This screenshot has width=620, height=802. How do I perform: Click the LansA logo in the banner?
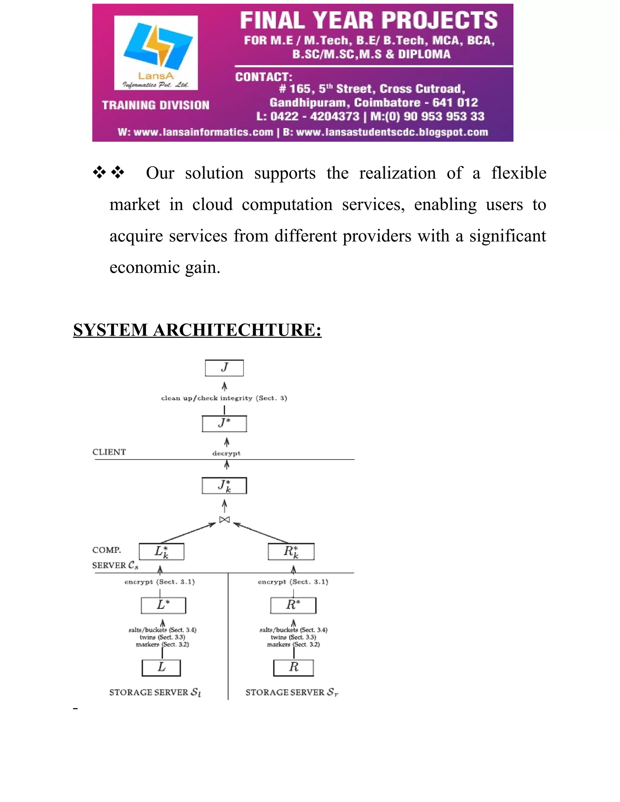click(x=156, y=53)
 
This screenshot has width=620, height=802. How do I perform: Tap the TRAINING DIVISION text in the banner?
click(x=156, y=105)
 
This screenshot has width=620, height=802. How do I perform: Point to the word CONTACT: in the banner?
click(x=263, y=77)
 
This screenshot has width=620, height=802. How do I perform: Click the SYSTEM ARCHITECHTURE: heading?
click(x=197, y=330)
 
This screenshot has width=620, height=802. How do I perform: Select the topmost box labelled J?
click(x=224, y=368)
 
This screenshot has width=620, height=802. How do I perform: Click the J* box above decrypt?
click(x=224, y=423)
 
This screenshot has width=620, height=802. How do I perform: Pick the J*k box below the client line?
click(x=224, y=485)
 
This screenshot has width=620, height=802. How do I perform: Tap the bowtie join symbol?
click(x=224, y=520)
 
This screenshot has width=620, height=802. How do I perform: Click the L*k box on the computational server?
click(x=161, y=551)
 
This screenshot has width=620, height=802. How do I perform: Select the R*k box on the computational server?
click(x=291, y=551)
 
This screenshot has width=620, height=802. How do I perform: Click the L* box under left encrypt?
click(x=163, y=605)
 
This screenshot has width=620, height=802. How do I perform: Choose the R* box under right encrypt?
click(x=293, y=605)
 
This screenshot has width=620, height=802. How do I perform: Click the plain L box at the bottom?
click(x=161, y=668)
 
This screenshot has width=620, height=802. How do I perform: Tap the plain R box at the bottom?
click(x=293, y=668)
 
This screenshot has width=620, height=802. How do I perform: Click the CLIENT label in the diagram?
click(x=109, y=452)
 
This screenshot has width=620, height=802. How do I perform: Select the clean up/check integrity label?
click(x=224, y=398)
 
